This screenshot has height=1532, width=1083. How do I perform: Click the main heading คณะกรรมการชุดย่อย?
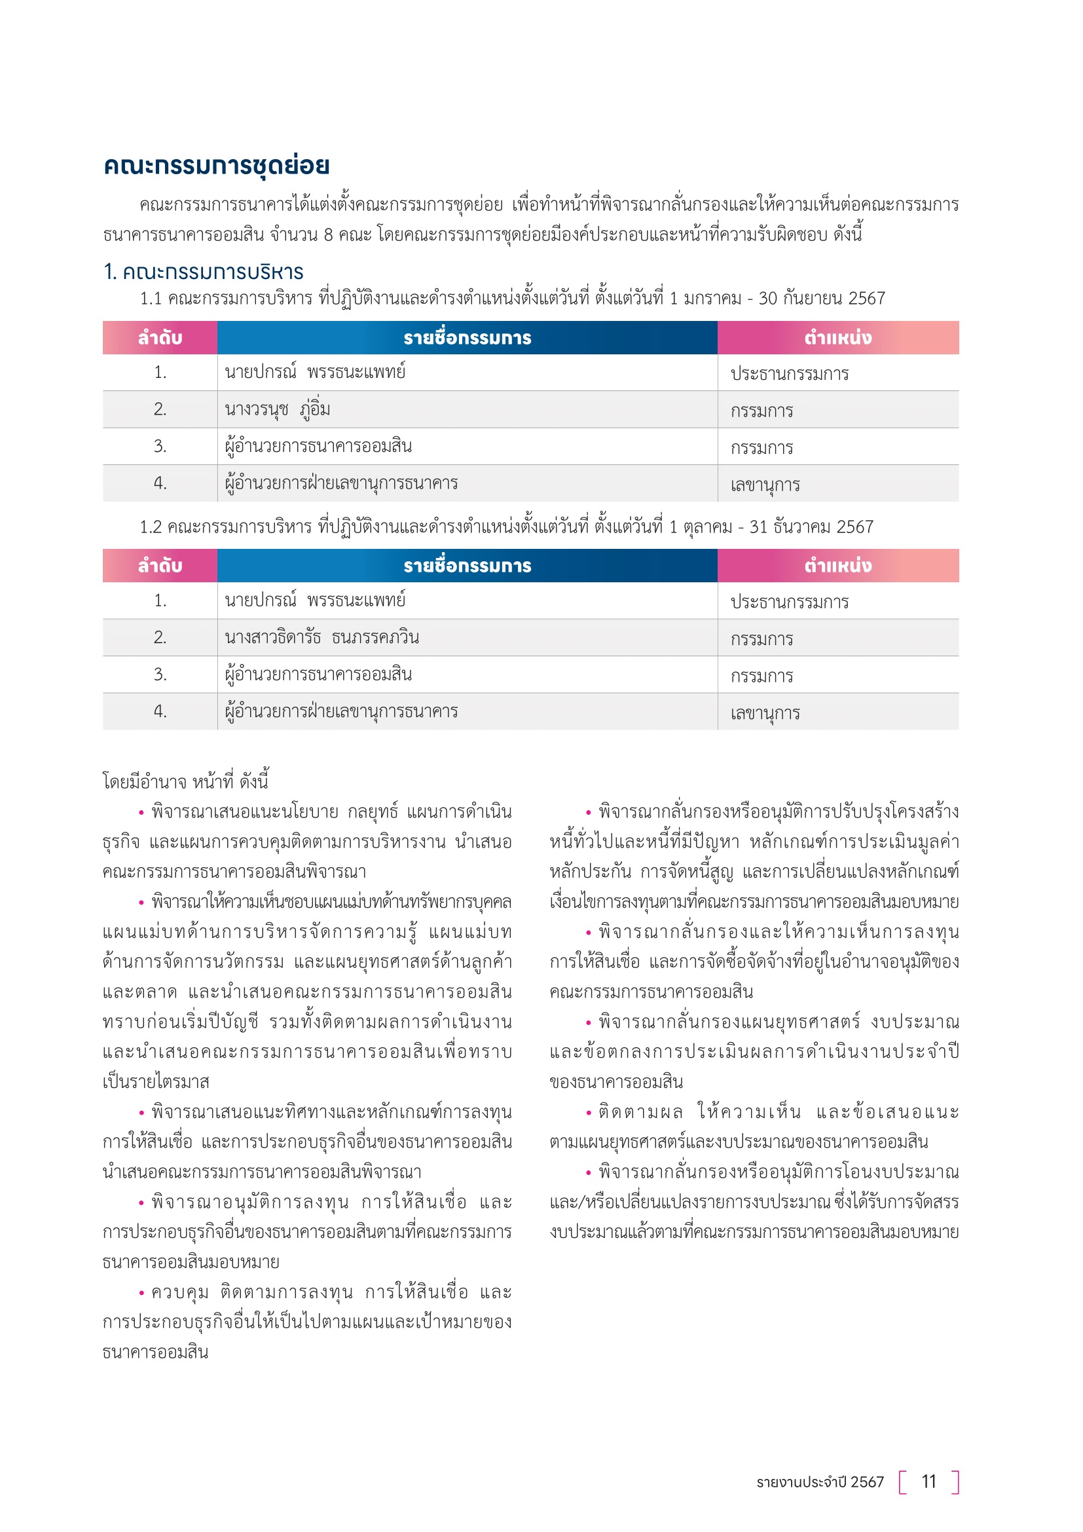[216, 165]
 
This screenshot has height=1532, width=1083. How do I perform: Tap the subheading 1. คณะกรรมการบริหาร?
[204, 272]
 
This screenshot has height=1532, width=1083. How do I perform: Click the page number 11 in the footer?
[928, 1482]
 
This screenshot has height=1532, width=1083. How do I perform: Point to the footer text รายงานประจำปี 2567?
[820, 1482]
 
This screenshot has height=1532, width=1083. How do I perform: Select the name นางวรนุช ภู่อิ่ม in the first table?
[278, 409]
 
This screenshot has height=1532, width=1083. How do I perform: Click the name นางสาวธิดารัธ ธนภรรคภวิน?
[321, 637]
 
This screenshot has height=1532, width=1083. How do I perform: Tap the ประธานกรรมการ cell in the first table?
[789, 373]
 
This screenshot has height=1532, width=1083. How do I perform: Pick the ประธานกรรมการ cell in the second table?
[789, 602]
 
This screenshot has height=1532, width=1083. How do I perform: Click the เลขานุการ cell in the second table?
[764, 713]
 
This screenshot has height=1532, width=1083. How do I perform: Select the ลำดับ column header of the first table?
[160, 337]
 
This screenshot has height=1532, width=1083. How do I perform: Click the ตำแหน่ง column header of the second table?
[837, 566]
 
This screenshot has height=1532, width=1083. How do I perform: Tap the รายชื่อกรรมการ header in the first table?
[467, 337]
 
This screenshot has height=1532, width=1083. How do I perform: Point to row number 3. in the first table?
[160, 446]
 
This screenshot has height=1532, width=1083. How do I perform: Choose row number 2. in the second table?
[160, 637]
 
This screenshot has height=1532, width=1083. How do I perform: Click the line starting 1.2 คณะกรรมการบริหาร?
[505, 527]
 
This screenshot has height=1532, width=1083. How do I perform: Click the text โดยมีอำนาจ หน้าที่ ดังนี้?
[185, 781]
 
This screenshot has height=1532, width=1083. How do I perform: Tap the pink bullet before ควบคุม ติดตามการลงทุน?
[141, 1293]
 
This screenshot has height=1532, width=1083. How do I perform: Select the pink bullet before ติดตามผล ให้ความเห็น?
[589, 1113]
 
